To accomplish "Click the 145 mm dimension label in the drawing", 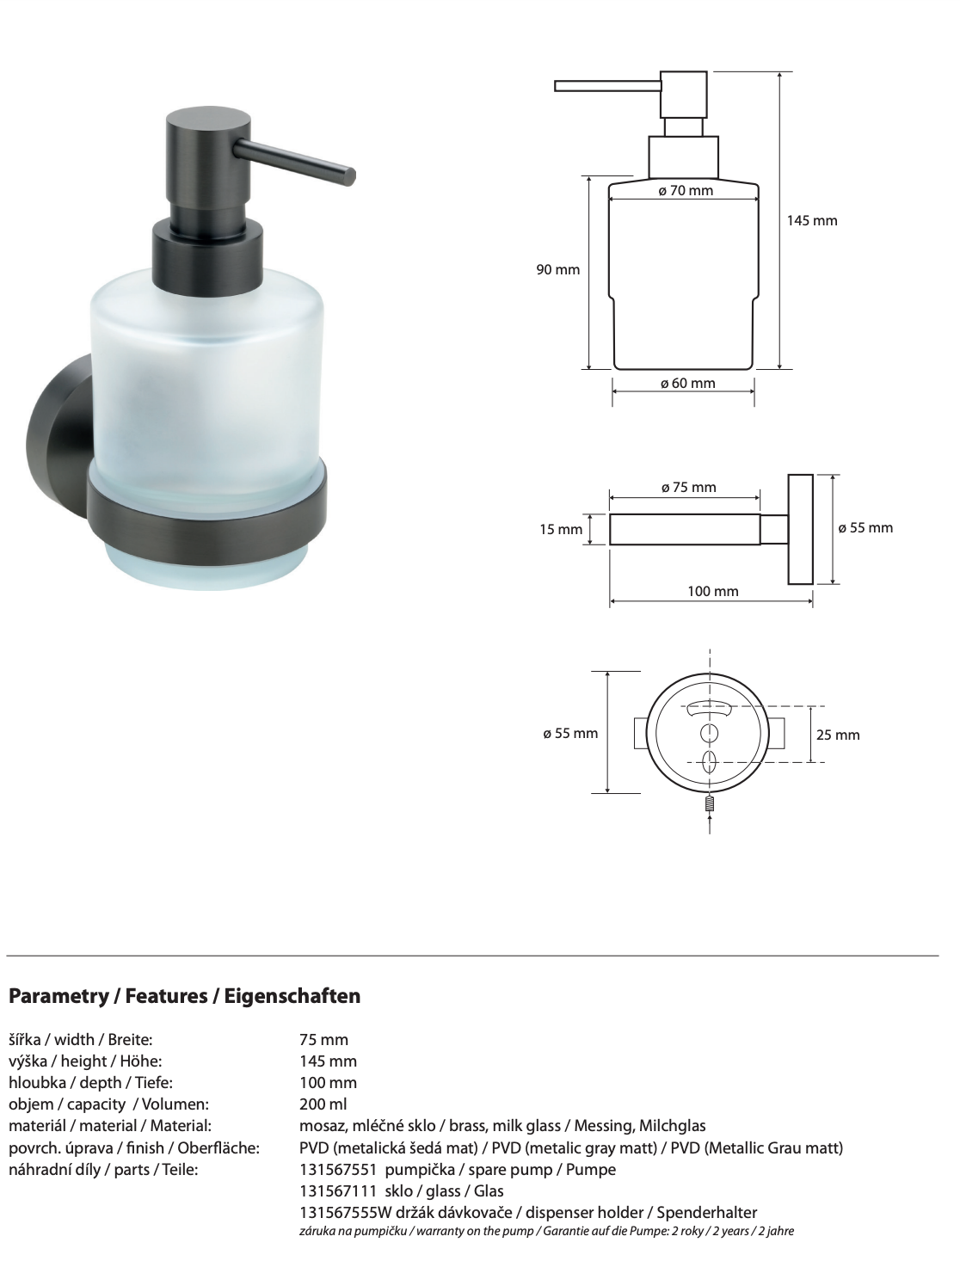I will [811, 221].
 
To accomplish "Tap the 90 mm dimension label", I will [558, 270].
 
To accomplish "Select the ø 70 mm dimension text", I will [686, 191].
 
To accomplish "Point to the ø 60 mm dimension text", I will [687, 384].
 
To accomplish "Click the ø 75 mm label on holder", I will [688, 488].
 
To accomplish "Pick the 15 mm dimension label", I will [561, 530].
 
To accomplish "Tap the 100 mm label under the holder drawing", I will [712, 592].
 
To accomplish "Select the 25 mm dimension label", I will [837, 735].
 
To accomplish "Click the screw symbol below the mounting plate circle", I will [710, 806].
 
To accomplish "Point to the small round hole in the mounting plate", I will [710, 733].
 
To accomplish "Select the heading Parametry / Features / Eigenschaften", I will [184, 997].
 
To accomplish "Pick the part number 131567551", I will [337, 1170].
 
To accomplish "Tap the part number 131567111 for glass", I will [337, 1191].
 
